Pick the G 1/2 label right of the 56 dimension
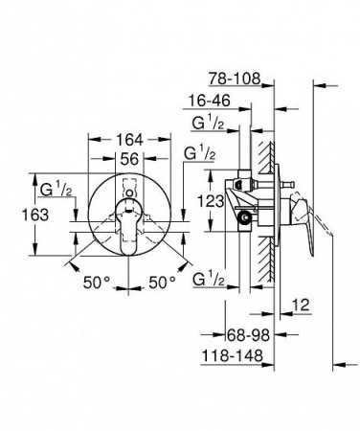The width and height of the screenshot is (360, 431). point(196,153)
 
